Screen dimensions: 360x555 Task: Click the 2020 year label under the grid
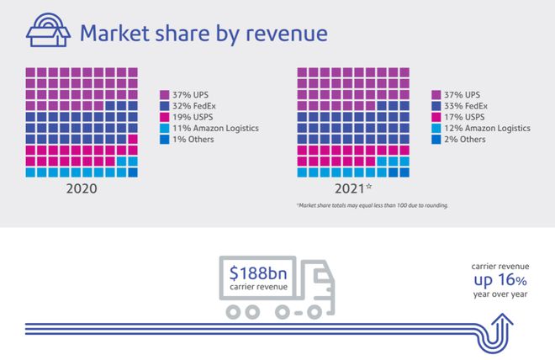pyautogui.click(x=82, y=188)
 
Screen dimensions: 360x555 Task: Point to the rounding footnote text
pyautogui.click(x=371, y=205)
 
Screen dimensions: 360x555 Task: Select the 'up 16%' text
pyautogui.click(x=499, y=280)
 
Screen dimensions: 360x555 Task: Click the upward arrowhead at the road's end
pyautogui.click(x=505, y=320)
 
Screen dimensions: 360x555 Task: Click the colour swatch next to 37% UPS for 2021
pyautogui.click(x=437, y=95)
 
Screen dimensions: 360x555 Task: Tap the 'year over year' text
pyautogui.click(x=499, y=294)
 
